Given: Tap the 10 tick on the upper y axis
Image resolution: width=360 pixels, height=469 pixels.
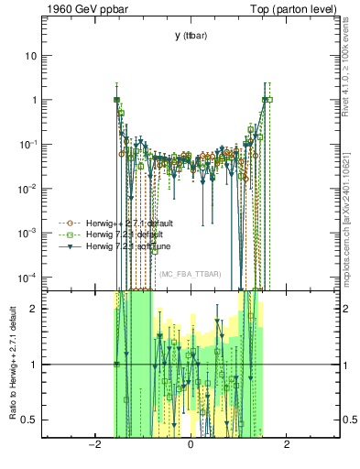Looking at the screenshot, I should pyautogui.click(x=32, y=55).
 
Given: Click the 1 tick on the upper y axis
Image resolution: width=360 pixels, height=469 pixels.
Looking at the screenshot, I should pyautogui.click(x=35, y=100).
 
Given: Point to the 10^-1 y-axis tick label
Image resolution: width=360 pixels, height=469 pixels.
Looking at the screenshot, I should pyautogui.click(x=30, y=144).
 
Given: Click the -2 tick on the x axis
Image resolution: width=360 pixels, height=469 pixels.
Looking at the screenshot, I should pyautogui.click(x=93, y=445).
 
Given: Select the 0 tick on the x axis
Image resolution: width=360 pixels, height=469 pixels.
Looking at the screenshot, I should pyautogui.click(x=190, y=445).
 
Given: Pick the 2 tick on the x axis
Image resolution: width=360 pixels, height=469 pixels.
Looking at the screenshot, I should pyautogui.click(x=287, y=445).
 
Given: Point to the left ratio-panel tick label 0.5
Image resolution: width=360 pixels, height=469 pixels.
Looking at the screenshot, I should pyautogui.click(x=31, y=420).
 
